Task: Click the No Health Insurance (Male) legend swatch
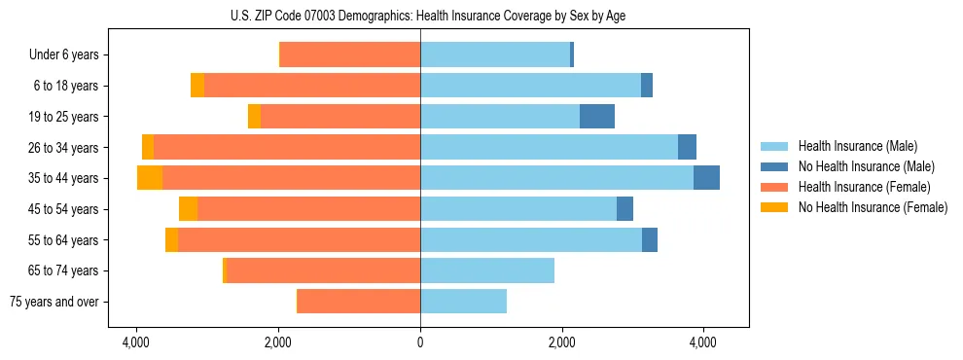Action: (774, 166)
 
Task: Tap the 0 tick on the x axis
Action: (420, 342)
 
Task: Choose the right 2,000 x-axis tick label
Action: (562, 342)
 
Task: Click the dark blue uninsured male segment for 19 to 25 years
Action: (597, 117)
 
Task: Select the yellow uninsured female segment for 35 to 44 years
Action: (150, 178)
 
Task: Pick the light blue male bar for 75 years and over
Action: (463, 302)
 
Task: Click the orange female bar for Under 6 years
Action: (350, 55)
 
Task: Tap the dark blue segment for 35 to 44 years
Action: (706, 178)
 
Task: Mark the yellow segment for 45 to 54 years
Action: (189, 209)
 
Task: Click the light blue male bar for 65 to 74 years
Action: (487, 270)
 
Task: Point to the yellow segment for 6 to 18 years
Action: (197, 86)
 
